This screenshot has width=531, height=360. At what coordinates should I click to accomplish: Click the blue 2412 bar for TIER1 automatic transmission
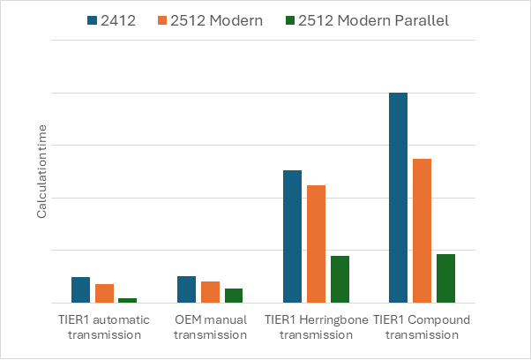[x=80, y=289]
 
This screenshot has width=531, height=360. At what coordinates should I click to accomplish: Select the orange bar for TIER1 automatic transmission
[x=104, y=293]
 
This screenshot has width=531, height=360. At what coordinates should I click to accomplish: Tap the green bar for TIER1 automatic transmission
[x=128, y=300]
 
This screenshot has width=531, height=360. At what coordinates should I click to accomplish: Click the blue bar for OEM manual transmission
[x=186, y=289]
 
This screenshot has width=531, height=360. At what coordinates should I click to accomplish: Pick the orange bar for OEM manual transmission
[x=210, y=292]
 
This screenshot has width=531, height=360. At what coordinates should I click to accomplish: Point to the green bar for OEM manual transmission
[x=234, y=296]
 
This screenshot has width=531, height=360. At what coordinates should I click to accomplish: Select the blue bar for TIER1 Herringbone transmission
[x=292, y=236]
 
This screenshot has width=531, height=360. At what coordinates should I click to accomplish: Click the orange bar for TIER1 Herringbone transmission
[x=316, y=244]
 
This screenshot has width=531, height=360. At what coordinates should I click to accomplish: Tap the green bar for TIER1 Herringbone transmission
[x=340, y=279]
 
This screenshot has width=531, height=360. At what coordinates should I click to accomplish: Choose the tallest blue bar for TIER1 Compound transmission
[x=398, y=198]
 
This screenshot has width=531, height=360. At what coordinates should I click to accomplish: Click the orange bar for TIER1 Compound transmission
[x=422, y=230]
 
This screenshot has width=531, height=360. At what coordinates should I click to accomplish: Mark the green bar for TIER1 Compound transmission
[x=445, y=278]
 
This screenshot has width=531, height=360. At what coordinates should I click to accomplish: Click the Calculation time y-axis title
[x=41, y=172]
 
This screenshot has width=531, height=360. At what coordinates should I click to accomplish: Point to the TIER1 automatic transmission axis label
[x=104, y=326]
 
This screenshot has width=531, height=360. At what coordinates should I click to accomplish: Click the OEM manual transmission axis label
[x=210, y=326]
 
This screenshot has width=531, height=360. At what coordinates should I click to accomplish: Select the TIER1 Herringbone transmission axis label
[x=316, y=326]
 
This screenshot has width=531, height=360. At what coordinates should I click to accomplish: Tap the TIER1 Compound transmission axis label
[x=422, y=326]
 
